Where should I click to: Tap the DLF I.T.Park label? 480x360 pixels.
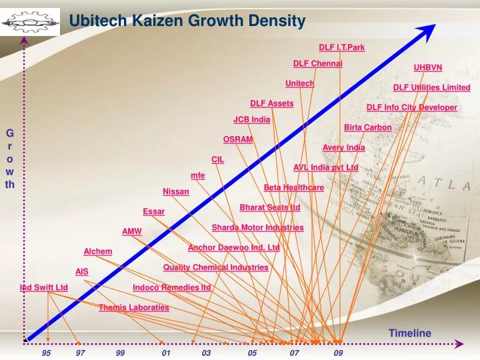[x=341, y=47]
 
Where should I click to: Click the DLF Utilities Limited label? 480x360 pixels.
[x=431, y=87]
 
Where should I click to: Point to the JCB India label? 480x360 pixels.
[x=251, y=119]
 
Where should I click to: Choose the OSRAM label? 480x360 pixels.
[x=238, y=139]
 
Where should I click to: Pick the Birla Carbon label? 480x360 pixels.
[x=367, y=127]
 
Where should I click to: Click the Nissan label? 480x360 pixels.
[x=176, y=191]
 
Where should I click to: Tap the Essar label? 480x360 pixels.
[x=153, y=211]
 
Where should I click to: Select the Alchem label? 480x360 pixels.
[x=97, y=251]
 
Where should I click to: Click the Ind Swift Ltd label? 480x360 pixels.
[x=44, y=287]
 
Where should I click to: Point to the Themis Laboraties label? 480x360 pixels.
[x=133, y=307]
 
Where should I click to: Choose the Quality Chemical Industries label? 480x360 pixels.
[x=215, y=267]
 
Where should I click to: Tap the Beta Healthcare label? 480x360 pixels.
[x=293, y=187]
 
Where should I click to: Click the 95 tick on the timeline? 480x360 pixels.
[x=46, y=353]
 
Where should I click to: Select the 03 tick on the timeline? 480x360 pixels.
[x=206, y=353]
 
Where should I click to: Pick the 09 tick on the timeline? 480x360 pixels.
[x=339, y=353]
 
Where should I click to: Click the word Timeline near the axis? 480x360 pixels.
[x=409, y=333]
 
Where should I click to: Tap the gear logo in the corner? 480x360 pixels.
[x=29, y=23]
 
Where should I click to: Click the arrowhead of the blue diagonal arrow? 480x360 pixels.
[x=431, y=27]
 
